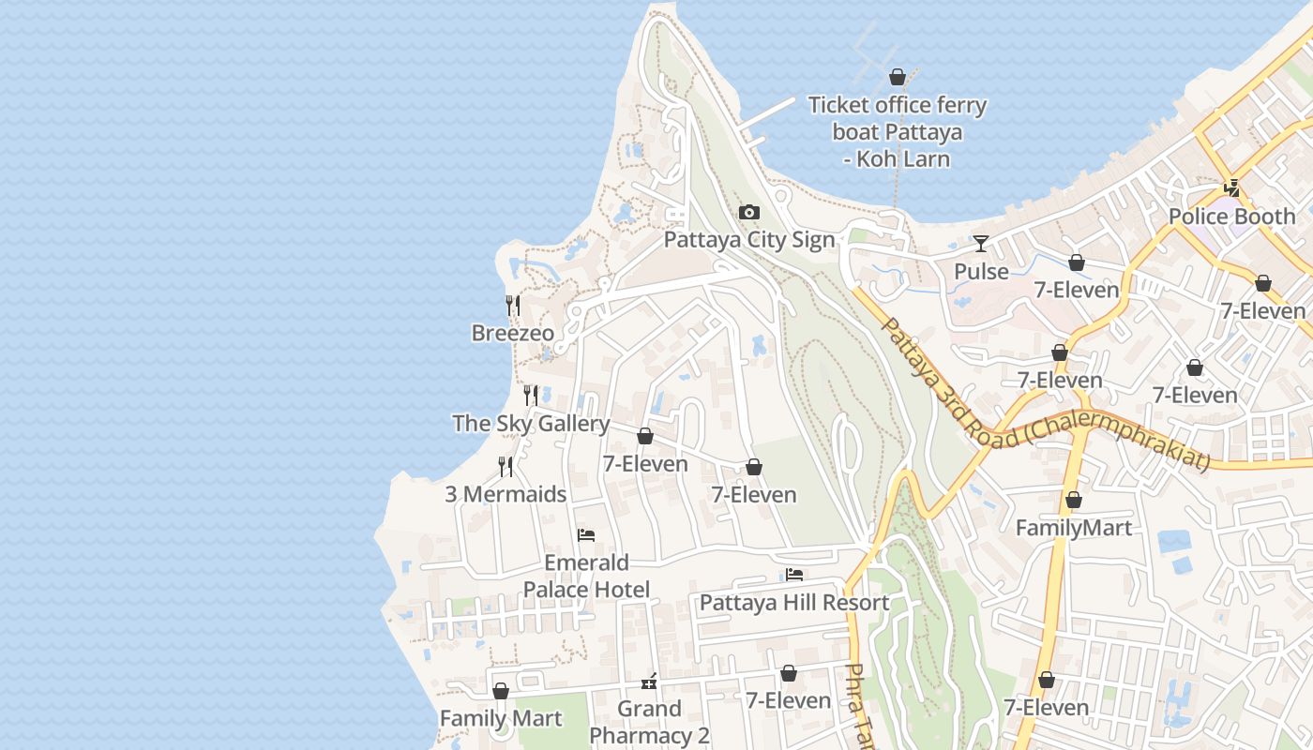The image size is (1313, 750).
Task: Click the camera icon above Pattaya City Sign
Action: pyautogui.click(x=748, y=213)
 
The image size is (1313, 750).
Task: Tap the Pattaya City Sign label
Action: pyautogui.click(x=748, y=240)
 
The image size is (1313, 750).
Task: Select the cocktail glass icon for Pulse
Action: pyautogui.click(x=981, y=244)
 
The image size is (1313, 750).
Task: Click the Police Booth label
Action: pyautogui.click(x=1230, y=217)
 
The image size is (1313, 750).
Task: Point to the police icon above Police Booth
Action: pyautogui.click(x=1231, y=188)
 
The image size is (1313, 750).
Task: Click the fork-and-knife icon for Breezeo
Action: pyautogui.click(x=513, y=306)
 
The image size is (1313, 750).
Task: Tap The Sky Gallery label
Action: pyautogui.click(x=531, y=424)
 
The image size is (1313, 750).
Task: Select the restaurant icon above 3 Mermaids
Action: pyautogui.click(x=506, y=466)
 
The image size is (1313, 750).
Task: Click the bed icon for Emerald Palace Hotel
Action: pyautogui.click(x=586, y=535)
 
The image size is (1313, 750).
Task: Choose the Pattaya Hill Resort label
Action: pyautogui.click(x=793, y=603)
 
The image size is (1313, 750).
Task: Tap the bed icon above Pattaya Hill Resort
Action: pyautogui.click(x=794, y=575)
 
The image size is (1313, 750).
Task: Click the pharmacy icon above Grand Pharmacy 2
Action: pyautogui.click(x=649, y=682)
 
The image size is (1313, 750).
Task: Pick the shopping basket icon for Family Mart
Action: pyautogui.click(x=501, y=691)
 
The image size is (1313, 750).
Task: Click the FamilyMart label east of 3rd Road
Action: pyautogui.click(x=1073, y=528)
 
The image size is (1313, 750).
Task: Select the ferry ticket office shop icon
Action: pyautogui.click(x=898, y=77)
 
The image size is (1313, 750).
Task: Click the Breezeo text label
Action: pyautogui.click(x=512, y=334)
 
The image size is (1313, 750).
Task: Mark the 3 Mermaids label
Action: pyautogui.click(x=506, y=494)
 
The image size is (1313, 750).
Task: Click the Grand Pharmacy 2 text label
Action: pyautogui.click(x=649, y=723)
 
